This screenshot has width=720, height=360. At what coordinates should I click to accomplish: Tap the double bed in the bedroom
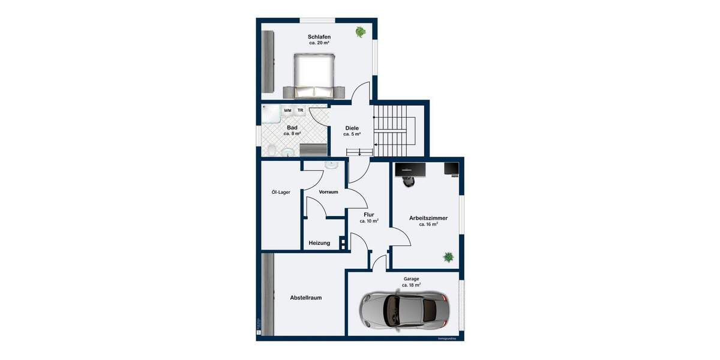click(314, 75)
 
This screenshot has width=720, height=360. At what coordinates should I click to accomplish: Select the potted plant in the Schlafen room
click(360, 32)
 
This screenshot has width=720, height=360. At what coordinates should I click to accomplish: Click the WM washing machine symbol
click(288, 111)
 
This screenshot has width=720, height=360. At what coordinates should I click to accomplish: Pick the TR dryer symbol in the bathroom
click(301, 111)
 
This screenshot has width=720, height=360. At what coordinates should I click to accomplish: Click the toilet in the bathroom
click(271, 150)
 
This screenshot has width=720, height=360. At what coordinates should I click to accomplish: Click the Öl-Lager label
click(281, 193)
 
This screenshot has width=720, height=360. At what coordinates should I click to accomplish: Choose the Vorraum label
click(328, 192)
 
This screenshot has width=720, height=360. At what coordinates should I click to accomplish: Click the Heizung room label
click(319, 243)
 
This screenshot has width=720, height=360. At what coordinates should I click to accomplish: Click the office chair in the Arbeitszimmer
click(409, 181)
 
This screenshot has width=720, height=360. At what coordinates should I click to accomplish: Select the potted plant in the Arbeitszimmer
click(448, 257)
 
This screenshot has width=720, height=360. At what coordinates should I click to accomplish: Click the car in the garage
click(403, 310)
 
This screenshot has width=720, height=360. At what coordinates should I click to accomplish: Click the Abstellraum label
click(306, 298)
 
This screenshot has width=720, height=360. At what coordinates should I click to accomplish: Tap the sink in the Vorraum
click(331, 164)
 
